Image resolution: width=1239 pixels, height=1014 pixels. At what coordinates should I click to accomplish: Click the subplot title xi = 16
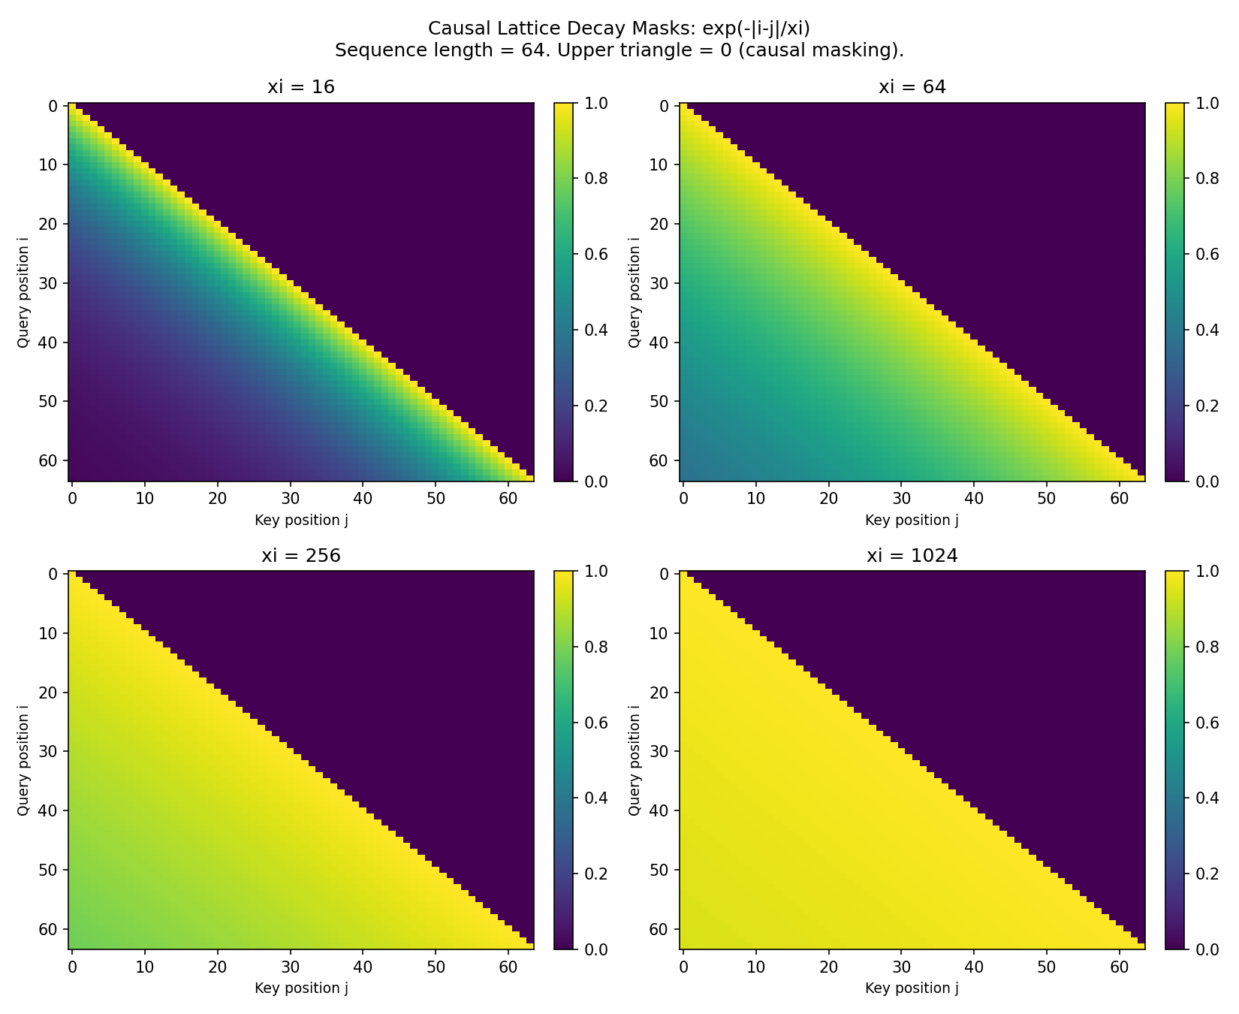coord(301,87)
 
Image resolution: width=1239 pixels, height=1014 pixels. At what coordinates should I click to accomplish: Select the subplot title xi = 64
coord(912,87)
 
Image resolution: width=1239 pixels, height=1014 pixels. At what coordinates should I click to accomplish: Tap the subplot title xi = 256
coord(301,556)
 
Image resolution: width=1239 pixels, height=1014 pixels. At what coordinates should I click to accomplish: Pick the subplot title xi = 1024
coord(912,556)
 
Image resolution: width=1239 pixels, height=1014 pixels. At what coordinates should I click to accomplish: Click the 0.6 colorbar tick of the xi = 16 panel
coord(596,254)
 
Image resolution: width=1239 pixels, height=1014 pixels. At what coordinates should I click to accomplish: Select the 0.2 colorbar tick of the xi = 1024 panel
coord(1207,874)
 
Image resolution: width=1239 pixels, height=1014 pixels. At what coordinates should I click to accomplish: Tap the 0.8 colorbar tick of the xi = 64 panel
coord(1207,179)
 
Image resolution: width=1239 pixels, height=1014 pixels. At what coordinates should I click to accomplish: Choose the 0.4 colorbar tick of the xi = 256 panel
coord(596,798)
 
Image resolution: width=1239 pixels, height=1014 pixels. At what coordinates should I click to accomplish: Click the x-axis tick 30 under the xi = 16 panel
coord(290,498)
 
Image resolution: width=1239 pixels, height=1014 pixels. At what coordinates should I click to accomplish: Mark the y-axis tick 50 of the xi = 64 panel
coord(660,401)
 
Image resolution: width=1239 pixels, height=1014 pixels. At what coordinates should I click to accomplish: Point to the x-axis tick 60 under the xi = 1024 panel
coord(1119,967)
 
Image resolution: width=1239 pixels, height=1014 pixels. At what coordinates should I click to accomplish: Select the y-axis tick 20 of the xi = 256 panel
coord(50,693)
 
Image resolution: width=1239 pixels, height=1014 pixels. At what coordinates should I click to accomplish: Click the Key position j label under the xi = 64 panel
coord(912,520)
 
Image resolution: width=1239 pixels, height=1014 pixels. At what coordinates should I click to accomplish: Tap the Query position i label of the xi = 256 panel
coord(23,760)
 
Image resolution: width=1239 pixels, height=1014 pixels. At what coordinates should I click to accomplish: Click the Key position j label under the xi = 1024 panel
coord(912,988)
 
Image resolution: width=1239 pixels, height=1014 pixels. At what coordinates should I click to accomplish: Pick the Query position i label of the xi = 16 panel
coord(23,292)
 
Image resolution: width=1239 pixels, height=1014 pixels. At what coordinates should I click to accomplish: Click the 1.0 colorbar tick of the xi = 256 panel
coord(596,572)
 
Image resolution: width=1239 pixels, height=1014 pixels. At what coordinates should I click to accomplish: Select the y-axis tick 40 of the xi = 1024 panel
coord(660,810)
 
